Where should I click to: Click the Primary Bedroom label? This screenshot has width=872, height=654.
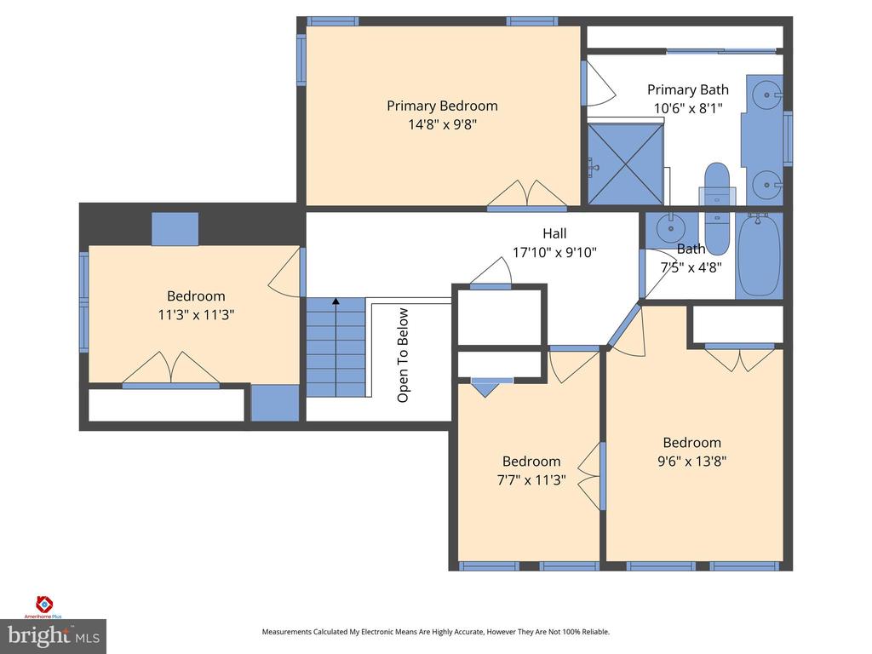[442, 106]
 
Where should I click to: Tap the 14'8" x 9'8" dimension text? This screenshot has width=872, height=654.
[443, 124]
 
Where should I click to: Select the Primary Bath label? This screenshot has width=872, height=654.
[688, 89]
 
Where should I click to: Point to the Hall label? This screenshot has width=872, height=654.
[554, 233]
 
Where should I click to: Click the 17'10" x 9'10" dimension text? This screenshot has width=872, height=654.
[554, 252]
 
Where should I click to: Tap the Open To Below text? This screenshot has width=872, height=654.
[403, 355]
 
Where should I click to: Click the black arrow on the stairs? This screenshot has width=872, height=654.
[336, 301]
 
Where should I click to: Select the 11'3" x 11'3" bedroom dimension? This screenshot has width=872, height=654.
[196, 315]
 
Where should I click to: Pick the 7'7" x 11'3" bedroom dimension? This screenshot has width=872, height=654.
[531, 479]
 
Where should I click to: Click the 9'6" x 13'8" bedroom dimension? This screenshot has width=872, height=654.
[691, 461]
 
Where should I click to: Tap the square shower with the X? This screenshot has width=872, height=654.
[626, 163]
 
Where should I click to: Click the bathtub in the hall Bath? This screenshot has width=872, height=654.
[759, 255]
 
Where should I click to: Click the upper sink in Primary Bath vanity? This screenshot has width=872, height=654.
[766, 95]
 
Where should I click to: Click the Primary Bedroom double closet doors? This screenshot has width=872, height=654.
[527, 195]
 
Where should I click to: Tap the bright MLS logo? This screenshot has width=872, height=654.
[54, 636]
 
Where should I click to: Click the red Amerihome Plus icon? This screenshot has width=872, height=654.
[44, 604]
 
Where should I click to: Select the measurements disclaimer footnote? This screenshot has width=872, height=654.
[436, 632]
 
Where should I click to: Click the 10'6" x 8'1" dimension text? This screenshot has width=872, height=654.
[688, 108]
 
